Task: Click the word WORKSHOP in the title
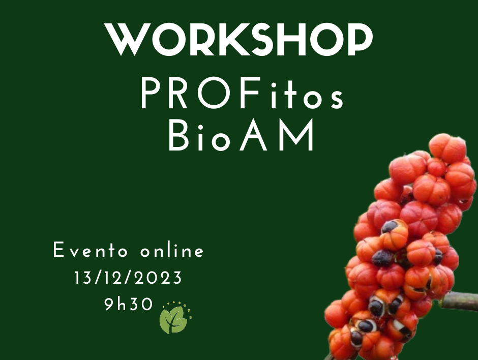click(238, 39)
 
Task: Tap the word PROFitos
click(243, 93)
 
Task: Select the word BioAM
click(241, 135)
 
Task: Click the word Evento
click(91, 250)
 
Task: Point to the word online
click(172, 250)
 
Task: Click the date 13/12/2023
click(128, 278)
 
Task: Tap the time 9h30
click(128, 304)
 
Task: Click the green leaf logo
click(175, 318)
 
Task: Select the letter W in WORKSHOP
click(128, 40)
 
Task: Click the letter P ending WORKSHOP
click(360, 40)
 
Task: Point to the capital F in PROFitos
click(251, 93)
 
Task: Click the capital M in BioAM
click(297, 135)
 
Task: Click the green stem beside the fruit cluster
click(460, 301)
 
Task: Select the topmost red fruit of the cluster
click(447, 148)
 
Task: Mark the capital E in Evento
click(58, 250)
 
